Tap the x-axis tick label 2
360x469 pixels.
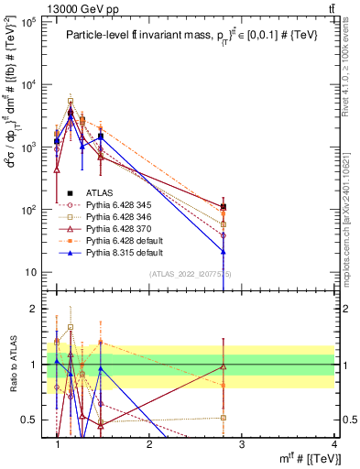(149, 444)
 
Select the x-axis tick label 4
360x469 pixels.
(333, 444)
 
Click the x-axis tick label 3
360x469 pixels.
(241, 444)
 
